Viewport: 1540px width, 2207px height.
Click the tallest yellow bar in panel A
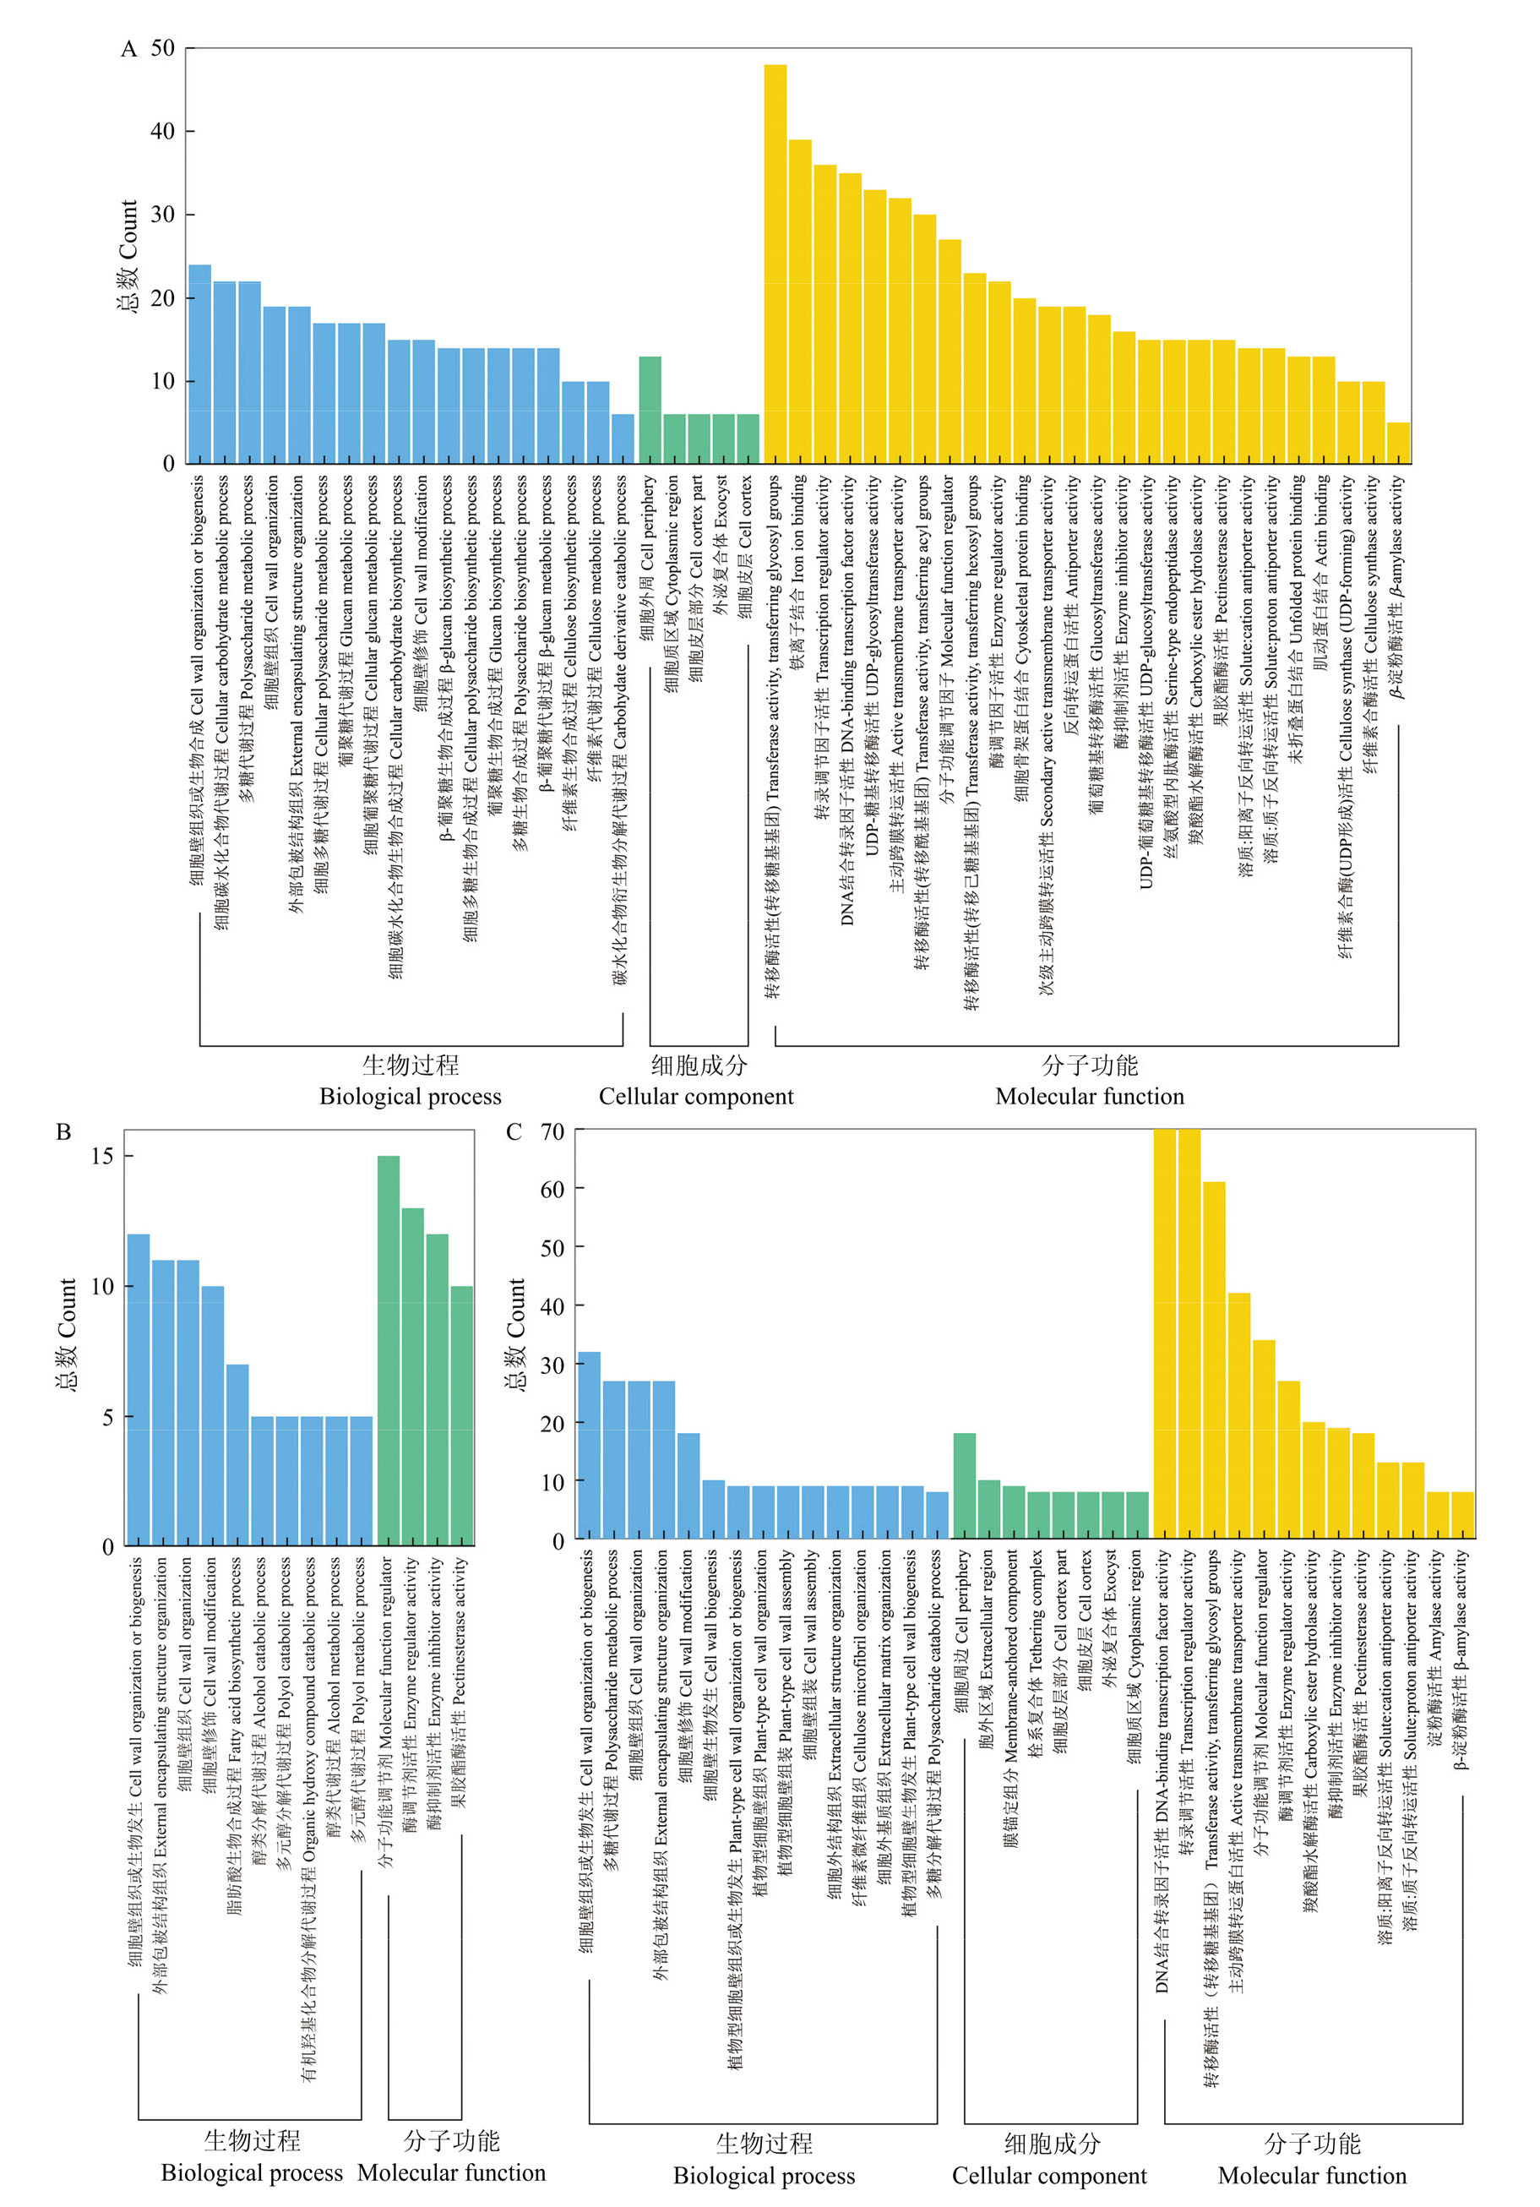pos(775,264)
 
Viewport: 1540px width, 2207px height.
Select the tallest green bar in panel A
pos(650,411)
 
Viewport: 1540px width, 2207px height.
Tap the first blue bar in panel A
pos(200,364)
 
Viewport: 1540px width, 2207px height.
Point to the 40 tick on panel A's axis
pos(162,131)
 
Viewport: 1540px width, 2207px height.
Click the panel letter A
pos(128,49)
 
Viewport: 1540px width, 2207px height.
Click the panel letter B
pos(63,1131)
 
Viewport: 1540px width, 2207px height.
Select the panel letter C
pos(514,1132)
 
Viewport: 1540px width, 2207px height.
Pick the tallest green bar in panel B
pos(389,1350)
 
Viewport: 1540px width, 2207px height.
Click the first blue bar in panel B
pos(139,1390)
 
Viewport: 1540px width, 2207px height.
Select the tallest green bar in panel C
pos(964,1486)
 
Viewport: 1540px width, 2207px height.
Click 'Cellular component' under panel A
pos(696,1097)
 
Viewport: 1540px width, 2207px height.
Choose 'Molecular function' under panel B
pos(451,2173)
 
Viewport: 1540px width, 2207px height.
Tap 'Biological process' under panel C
pos(764,2177)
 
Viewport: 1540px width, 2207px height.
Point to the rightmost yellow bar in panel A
pos(1398,443)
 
